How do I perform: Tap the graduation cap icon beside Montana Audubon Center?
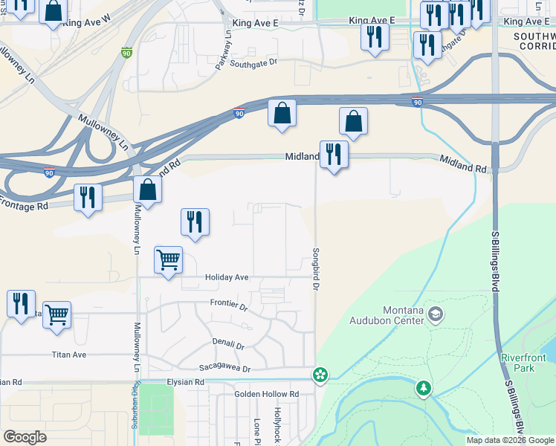click(x=436, y=316)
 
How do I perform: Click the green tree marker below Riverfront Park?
click(x=424, y=388)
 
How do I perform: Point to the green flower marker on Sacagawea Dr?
click(x=320, y=375)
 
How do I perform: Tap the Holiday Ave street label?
click(x=227, y=277)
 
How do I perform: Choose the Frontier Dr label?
click(x=228, y=304)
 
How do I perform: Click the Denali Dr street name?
click(x=228, y=345)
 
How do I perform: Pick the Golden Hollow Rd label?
click(x=266, y=394)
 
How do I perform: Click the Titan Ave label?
click(x=69, y=355)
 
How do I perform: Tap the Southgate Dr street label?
click(x=253, y=63)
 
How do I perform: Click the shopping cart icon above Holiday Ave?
click(x=169, y=260)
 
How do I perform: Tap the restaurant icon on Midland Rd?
click(x=334, y=155)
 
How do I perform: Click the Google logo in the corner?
click(x=25, y=437)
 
